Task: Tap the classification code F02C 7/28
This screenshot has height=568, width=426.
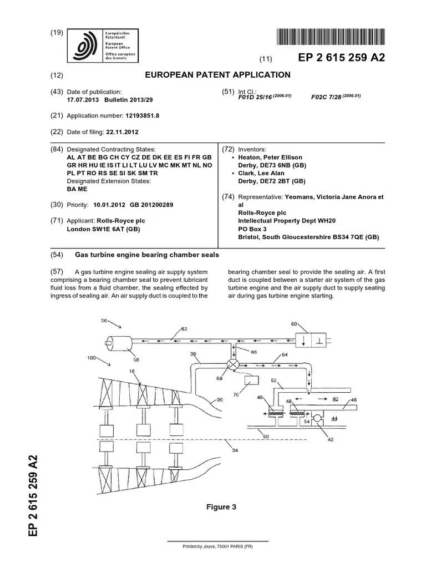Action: coord(327,97)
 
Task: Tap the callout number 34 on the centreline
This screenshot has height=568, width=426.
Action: coord(235,450)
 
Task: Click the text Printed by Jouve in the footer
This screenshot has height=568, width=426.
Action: coord(217,546)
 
